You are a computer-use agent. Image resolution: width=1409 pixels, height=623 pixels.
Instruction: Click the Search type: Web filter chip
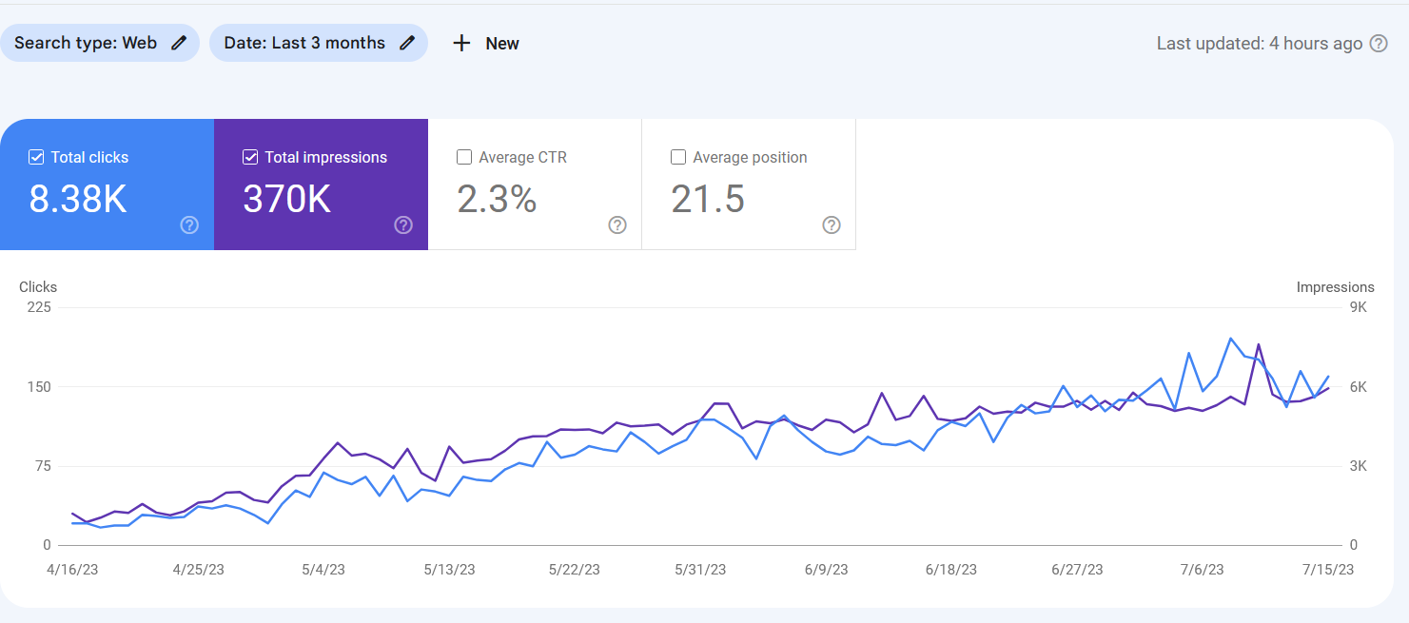point(100,43)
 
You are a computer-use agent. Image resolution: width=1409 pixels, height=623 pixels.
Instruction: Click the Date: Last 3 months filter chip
point(318,43)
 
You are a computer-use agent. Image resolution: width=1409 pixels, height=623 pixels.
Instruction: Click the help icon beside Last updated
point(1379,44)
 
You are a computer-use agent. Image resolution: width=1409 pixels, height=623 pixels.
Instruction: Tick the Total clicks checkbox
point(37,158)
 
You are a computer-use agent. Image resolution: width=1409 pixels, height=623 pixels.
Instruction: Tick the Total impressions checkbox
point(251,158)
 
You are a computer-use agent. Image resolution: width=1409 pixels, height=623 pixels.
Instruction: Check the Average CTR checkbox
point(465,158)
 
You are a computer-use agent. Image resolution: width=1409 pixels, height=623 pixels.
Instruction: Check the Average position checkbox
point(678,158)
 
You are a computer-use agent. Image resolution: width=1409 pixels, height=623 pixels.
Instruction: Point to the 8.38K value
point(78,200)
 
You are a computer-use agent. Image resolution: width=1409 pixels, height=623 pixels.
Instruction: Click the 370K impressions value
point(286,200)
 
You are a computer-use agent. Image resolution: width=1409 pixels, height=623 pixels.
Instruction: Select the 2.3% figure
point(497,200)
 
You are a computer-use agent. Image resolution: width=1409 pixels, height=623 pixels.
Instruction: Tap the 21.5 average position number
point(708,200)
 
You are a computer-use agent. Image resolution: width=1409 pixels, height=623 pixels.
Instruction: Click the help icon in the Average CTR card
point(617,225)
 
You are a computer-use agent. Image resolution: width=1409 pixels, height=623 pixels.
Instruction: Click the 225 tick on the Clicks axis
point(39,307)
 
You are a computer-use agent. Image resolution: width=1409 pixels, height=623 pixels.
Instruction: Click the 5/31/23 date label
point(700,570)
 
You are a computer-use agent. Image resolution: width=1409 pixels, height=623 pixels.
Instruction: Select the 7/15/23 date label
point(1328,570)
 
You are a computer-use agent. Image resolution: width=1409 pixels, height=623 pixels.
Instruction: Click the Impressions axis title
point(1335,287)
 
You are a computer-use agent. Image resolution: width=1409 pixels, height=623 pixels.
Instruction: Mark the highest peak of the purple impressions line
point(1258,344)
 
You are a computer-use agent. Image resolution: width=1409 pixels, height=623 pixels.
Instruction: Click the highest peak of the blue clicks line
point(1230,339)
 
